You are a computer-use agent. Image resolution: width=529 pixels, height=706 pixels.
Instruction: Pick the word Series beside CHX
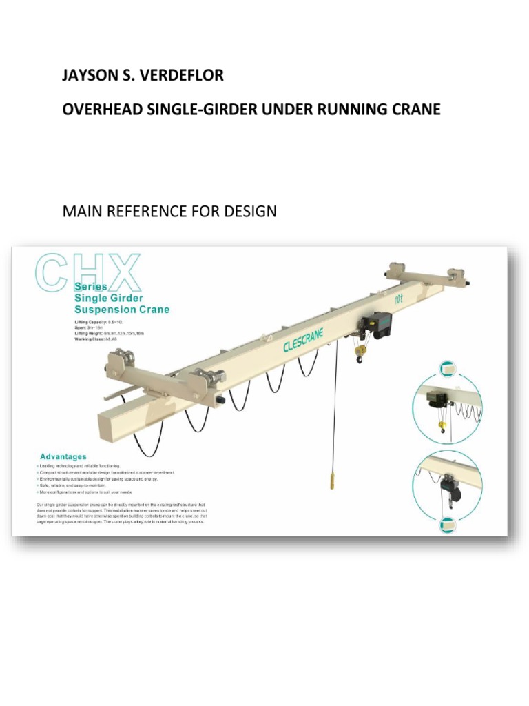(x=90, y=285)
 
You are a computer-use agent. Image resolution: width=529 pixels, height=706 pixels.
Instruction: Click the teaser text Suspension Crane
(x=121, y=310)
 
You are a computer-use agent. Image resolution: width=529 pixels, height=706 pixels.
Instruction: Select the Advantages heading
(x=63, y=456)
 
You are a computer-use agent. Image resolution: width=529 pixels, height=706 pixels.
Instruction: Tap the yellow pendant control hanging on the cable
(x=333, y=479)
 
